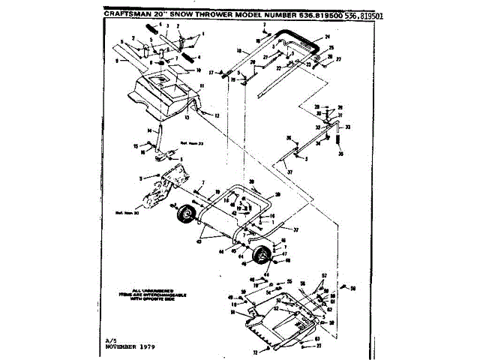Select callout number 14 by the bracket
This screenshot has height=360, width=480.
(150, 131)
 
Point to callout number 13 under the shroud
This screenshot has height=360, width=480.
(187, 118)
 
